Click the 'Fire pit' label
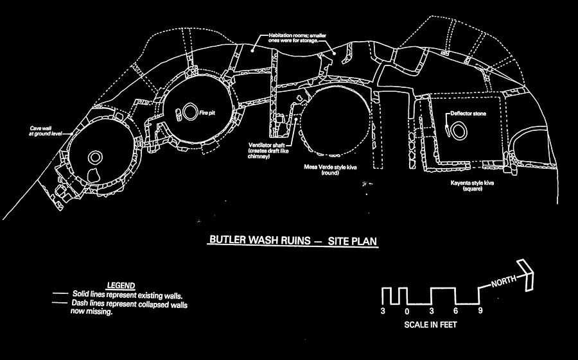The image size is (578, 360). coord(207,113)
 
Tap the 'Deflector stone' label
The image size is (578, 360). coord(468,114)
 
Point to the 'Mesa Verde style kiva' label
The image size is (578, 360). coord(330,169)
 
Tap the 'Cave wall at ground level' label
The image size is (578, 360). coord(40,131)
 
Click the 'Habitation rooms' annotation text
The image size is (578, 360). coord(293,38)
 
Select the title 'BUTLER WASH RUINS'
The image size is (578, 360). coord(260,240)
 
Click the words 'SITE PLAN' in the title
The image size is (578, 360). coord(353,241)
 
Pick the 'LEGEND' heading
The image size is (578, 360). coord(121,286)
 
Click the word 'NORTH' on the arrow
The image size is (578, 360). coord(504,281)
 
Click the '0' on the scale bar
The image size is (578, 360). coord(407,311)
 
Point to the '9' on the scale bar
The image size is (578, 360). coord(480,311)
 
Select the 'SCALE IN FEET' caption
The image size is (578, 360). coord(430,325)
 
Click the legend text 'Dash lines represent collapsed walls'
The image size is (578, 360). coord(129,304)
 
